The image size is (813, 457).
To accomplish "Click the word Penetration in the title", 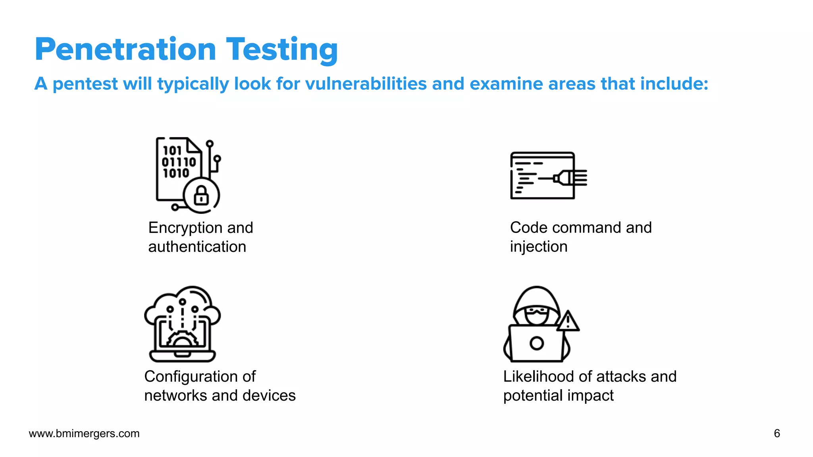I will pos(125,49).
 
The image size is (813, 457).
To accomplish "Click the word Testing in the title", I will pos(282,49).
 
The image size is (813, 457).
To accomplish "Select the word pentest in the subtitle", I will pos(85,84).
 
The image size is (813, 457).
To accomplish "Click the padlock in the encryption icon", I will pos(201,196).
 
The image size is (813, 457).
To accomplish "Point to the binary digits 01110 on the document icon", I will pos(179,162).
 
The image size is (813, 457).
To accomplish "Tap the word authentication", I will pos(197,247).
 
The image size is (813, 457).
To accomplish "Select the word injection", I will pos(538,247).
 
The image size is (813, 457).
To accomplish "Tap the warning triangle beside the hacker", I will pos(568,322).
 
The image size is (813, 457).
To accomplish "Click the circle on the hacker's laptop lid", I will pos(536,343).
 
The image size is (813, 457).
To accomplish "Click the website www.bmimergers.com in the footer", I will pos(84,433).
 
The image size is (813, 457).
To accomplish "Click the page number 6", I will pos(777,433).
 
